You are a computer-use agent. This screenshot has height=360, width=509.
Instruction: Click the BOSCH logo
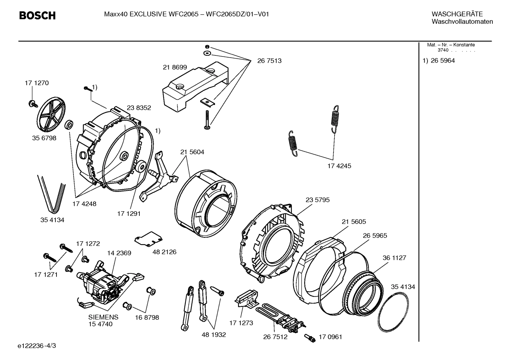37,16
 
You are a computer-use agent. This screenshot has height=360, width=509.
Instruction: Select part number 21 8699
175,67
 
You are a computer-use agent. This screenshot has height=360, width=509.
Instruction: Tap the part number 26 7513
269,61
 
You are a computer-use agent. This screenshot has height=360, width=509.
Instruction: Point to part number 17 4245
339,166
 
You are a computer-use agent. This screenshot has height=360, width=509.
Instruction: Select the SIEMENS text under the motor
103,317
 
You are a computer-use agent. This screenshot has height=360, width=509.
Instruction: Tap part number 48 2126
164,252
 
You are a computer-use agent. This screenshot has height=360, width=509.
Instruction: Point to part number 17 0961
330,337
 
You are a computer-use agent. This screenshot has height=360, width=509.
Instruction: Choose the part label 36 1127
394,258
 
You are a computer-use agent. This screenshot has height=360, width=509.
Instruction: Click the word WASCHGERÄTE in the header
457,14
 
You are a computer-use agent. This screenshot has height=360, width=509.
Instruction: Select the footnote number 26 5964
443,61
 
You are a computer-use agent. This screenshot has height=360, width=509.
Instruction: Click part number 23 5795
317,200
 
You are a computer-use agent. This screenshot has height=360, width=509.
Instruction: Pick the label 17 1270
37,83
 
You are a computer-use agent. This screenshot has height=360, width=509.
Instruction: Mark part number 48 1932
214,335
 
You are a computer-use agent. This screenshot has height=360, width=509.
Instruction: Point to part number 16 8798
147,318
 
